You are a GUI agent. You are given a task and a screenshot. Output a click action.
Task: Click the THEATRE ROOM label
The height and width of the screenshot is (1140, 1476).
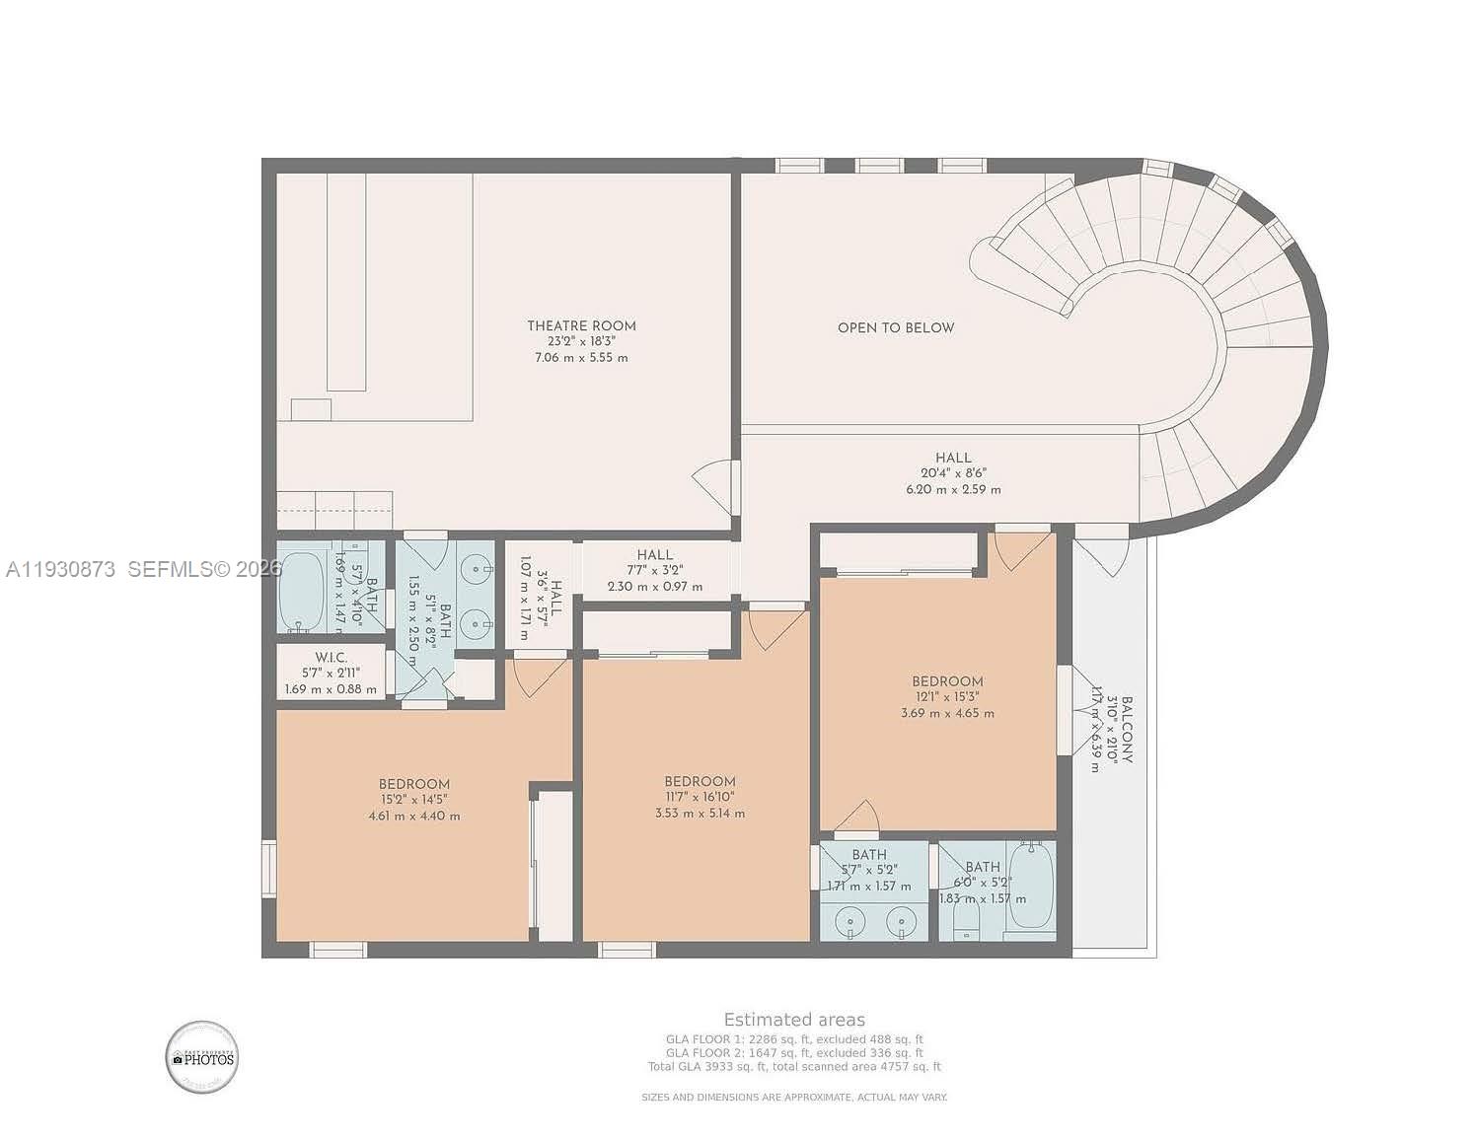581,325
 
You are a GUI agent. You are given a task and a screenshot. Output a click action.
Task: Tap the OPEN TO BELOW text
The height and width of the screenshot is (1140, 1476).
896,327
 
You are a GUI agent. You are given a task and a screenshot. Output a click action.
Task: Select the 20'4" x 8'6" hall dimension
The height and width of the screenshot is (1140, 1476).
953,473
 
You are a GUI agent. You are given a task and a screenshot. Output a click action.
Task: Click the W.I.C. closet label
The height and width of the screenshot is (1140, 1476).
331,658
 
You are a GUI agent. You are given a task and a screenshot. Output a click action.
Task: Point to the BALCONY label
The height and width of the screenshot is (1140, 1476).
1126,729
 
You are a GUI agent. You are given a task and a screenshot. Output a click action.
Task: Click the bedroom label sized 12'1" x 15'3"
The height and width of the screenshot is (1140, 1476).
947,681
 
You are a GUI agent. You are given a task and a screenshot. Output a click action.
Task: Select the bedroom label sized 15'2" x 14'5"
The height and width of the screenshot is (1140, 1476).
414,785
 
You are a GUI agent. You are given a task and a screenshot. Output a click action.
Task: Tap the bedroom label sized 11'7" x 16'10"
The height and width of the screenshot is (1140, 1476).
700,782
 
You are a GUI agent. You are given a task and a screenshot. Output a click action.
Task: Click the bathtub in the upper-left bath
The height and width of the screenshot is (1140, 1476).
302,592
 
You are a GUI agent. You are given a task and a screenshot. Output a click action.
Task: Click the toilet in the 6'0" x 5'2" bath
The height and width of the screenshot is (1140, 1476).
966,923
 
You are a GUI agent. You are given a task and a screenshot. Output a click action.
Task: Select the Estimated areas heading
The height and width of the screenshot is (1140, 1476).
794,1020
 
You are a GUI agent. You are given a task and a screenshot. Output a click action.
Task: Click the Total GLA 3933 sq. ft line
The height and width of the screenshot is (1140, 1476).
794,1066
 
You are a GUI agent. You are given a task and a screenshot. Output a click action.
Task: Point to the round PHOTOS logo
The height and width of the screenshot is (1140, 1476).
201,1057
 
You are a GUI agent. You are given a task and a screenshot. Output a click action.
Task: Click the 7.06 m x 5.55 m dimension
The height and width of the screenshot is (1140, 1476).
581,357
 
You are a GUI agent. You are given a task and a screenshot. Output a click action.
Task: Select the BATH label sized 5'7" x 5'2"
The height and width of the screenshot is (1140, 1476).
869,855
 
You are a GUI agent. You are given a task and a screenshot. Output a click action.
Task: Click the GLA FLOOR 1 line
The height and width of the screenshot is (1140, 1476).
794,1038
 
